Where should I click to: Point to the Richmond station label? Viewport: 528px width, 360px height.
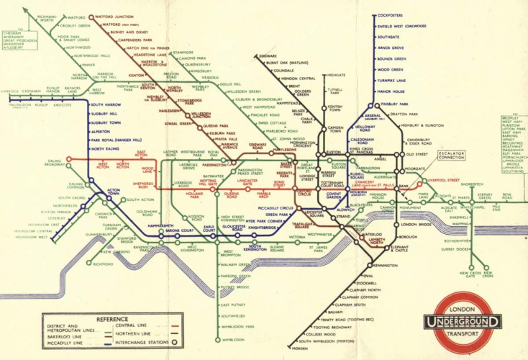point(103,264)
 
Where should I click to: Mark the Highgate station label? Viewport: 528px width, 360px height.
point(335,74)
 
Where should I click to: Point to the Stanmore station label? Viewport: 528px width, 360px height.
point(183,52)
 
